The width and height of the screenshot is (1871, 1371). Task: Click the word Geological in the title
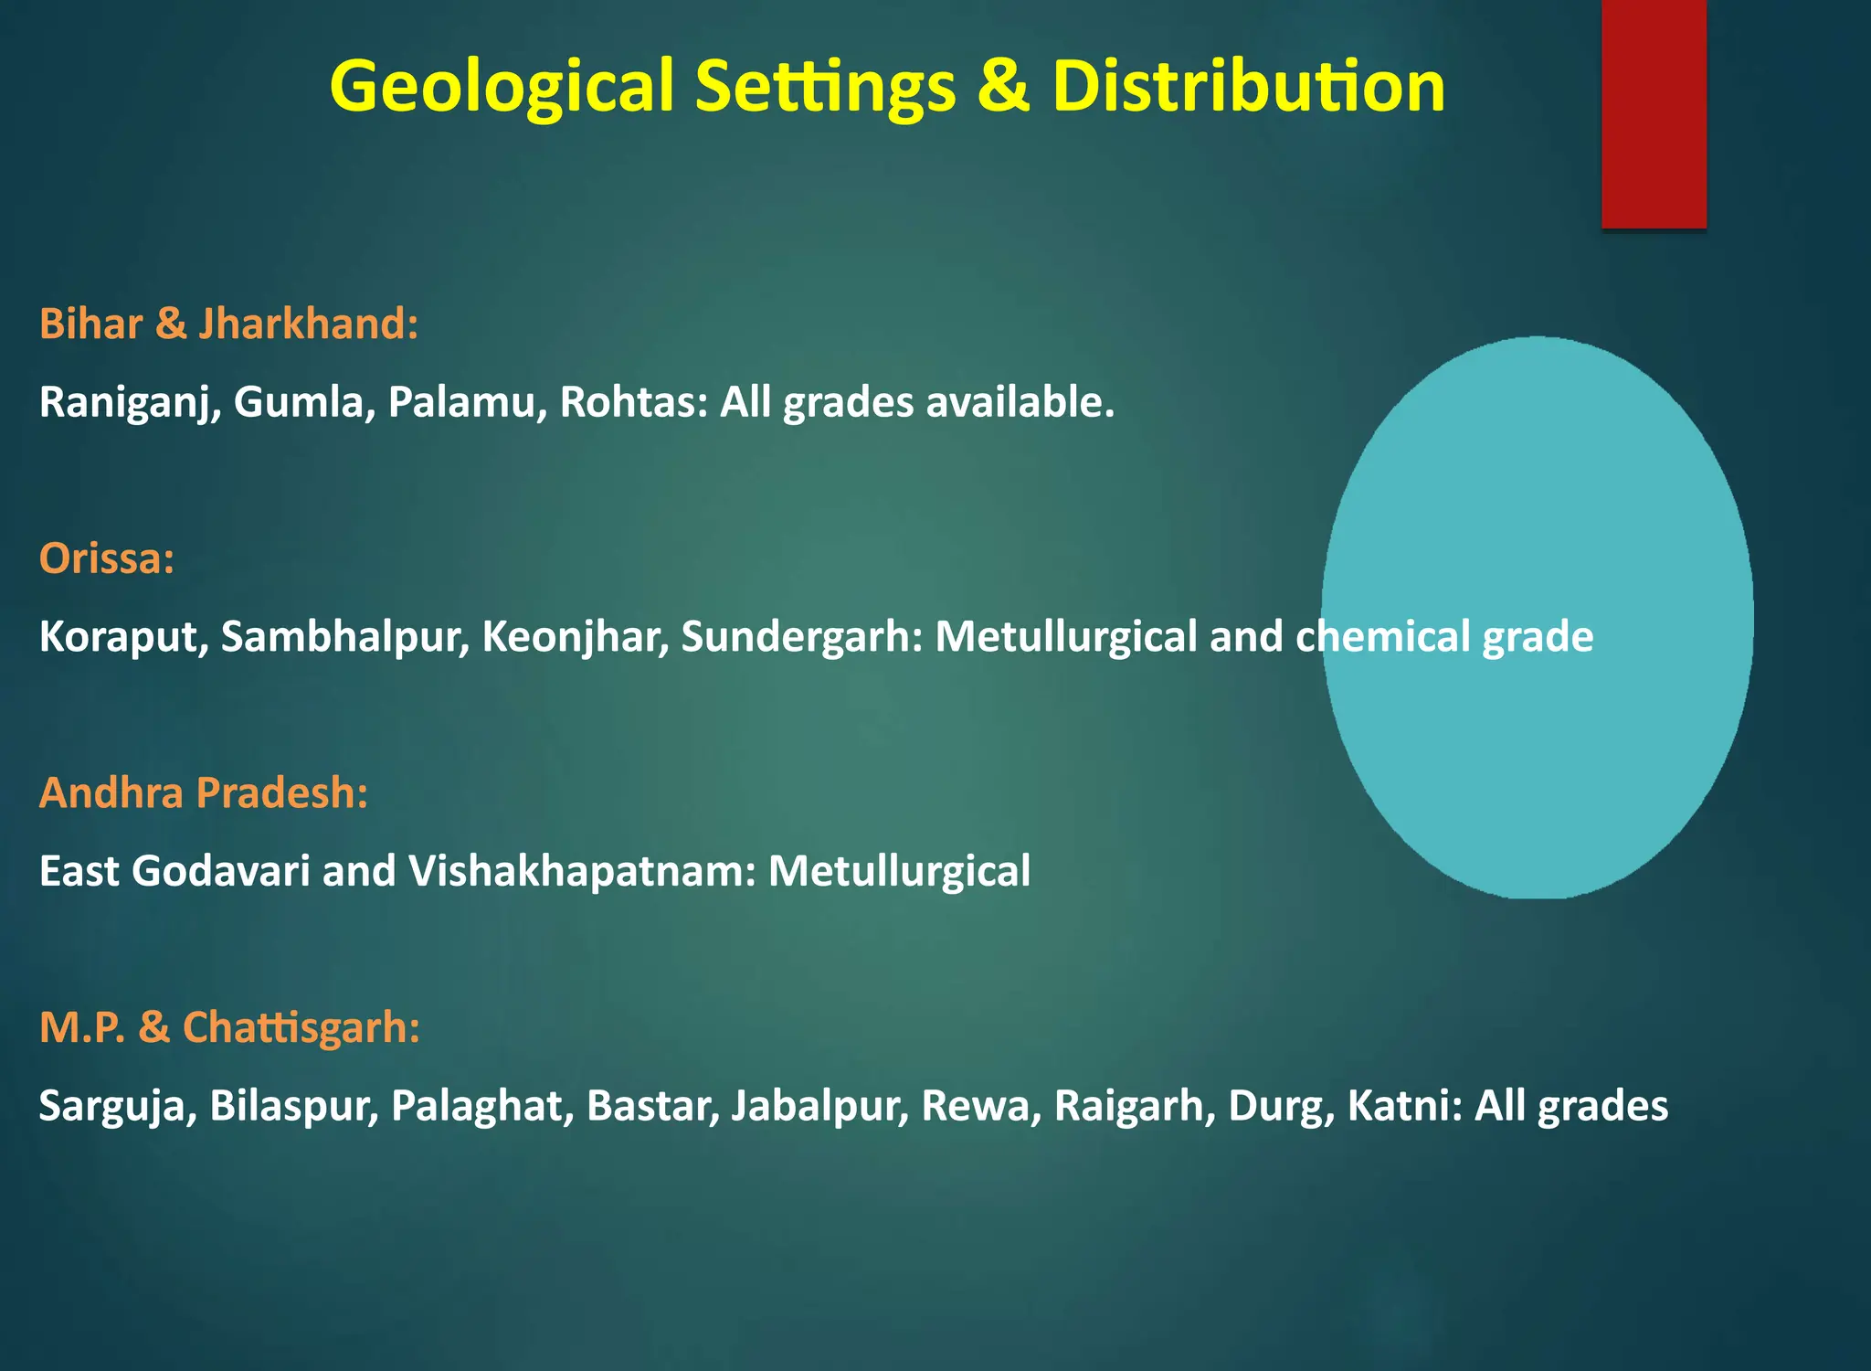[x=501, y=87]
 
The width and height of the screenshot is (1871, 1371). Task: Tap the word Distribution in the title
[x=1248, y=87]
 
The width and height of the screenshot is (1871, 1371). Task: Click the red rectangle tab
[x=1654, y=114]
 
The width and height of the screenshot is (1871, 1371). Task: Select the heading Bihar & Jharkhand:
[x=228, y=324]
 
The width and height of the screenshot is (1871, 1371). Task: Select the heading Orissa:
[x=107, y=558]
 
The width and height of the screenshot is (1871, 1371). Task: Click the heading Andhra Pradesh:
[x=204, y=792]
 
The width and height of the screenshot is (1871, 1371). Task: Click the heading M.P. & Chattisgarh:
[x=229, y=1027]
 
